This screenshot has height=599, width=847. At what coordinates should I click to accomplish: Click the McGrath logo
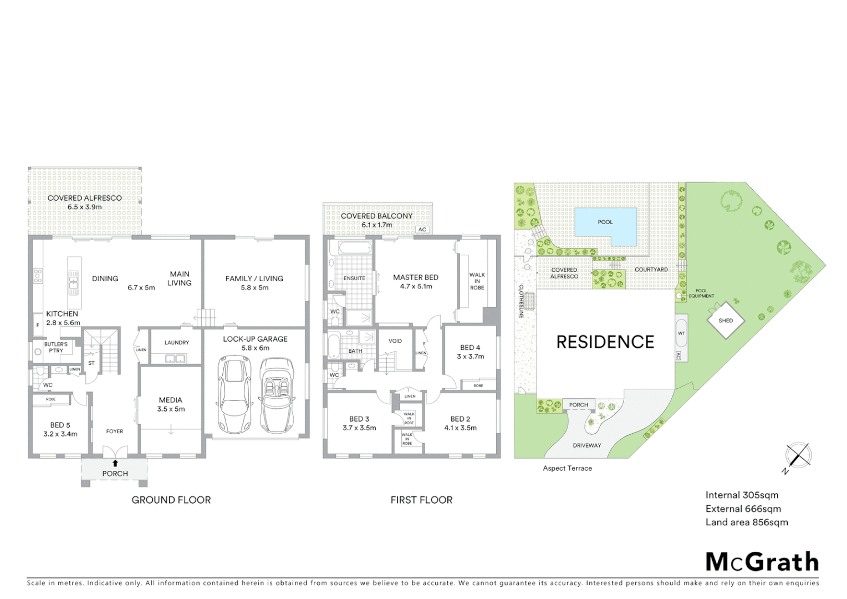(x=762, y=562)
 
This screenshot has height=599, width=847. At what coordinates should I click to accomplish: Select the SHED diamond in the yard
(x=726, y=321)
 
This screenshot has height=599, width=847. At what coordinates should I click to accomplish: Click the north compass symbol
(x=798, y=456)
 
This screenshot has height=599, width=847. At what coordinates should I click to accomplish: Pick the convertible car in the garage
(x=276, y=395)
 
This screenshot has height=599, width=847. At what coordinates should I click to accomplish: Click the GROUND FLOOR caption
(x=171, y=500)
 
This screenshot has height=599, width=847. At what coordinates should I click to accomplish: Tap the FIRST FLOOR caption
(x=421, y=500)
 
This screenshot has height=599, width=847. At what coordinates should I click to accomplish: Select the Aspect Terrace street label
(x=567, y=468)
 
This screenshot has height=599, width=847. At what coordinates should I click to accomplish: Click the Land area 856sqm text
(x=746, y=522)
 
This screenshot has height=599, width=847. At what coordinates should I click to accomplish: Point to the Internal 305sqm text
(x=742, y=495)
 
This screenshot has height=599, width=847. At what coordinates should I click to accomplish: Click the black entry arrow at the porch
(x=115, y=463)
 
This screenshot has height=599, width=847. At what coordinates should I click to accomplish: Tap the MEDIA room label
(x=170, y=400)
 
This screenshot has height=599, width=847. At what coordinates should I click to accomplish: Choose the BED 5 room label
(x=60, y=425)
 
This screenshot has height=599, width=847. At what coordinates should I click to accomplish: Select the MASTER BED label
(x=416, y=277)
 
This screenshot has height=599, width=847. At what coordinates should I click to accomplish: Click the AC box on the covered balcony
(x=422, y=230)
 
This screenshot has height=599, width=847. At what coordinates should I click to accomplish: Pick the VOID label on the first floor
(x=395, y=341)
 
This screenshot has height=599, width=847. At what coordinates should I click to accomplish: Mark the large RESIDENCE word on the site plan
(x=605, y=342)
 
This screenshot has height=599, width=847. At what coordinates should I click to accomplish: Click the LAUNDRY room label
(x=176, y=343)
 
